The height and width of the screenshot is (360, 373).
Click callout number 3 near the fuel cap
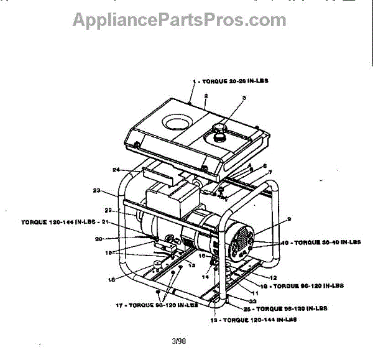(x=244, y=98)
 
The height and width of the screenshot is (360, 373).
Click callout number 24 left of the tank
(x=116, y=169)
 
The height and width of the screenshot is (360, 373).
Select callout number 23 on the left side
(x=96, y=190)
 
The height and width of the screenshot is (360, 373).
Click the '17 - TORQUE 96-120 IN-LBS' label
(x=153, y=305)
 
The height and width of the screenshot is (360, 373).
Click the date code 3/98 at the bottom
(x=178, y=340)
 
